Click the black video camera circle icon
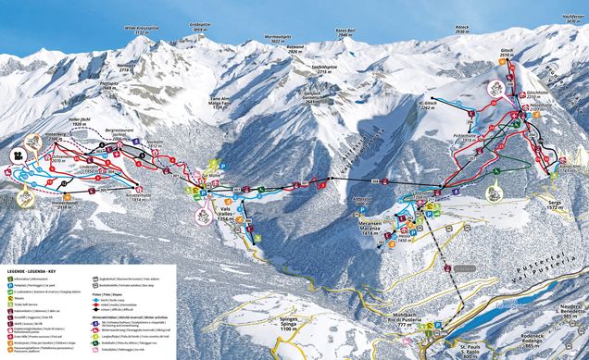click(x=19, y=155)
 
